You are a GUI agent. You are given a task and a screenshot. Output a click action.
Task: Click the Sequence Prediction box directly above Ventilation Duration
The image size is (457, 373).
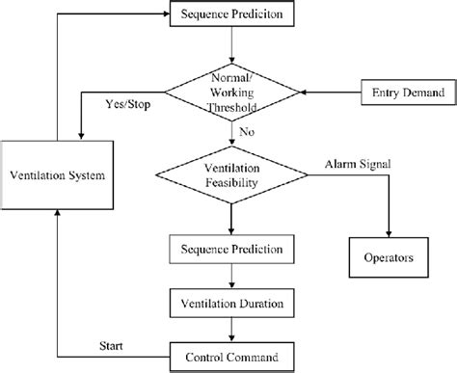pos(231,249)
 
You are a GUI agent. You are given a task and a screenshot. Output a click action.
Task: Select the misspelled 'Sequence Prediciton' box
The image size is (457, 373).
pos(231,16)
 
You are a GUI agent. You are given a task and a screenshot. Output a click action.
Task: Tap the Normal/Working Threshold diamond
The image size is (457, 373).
pos(231,93)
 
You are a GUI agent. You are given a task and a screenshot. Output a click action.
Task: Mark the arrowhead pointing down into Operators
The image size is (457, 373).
pos(388,234)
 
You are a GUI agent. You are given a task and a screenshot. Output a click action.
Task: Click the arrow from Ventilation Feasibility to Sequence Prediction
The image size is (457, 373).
pos(231,219)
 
